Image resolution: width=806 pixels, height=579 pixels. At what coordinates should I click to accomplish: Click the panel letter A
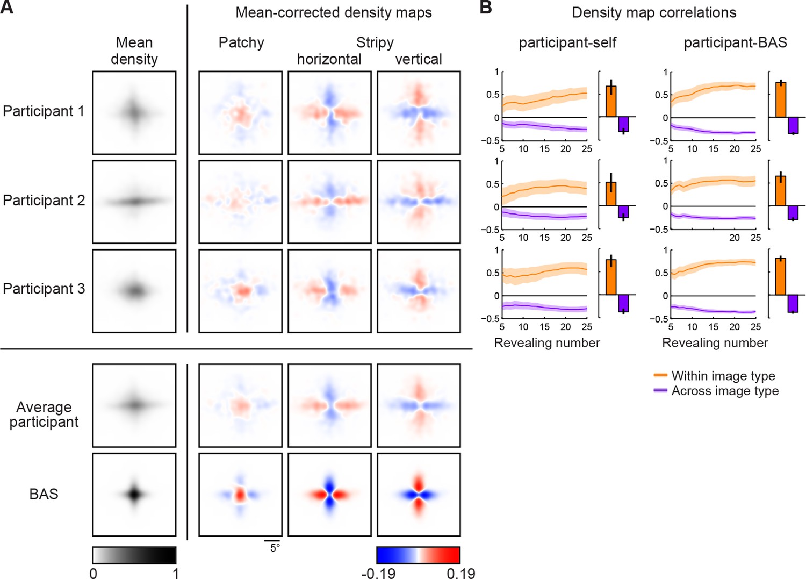(x=7, y=8)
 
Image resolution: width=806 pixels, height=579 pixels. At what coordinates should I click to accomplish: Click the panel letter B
(x=486, y=8)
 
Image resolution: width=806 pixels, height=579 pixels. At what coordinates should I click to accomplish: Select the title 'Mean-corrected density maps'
(x=333, y=12)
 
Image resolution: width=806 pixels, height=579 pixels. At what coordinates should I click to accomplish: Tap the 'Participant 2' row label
(x=44, y=201)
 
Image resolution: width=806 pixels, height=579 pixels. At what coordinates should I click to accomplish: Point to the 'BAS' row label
(x=44, y=494)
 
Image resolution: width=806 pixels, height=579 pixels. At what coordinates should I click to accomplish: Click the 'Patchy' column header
(x=241, y=42)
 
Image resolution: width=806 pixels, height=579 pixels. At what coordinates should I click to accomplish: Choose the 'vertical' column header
(x=418, y=59)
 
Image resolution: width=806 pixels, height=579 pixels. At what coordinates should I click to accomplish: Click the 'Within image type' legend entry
(x=723, y=376)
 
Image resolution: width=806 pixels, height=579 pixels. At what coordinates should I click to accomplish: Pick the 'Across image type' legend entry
(x=724, y=391)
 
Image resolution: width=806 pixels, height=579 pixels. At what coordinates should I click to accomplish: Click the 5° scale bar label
(x=275, y=548)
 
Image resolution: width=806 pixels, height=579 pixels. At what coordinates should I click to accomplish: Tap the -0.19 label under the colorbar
(x=378, y=573)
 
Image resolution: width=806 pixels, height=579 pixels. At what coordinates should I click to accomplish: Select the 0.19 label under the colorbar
(x=460, y=573)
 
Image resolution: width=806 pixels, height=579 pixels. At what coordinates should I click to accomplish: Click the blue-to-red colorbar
(x=418, y=555)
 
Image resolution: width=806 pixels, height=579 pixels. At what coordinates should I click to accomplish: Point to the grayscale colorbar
(x=134, y=555)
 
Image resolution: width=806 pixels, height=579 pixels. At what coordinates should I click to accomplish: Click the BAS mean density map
(x=134, y=495)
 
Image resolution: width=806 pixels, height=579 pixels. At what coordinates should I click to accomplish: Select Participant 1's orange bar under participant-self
(x=611, y=101)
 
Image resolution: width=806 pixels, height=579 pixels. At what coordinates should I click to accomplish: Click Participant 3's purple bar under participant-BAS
(x=793, y=303)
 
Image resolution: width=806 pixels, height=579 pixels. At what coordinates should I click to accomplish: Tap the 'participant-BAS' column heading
(x=735, y=42)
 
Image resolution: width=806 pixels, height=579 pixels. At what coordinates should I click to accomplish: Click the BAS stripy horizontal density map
(x=329, y=495)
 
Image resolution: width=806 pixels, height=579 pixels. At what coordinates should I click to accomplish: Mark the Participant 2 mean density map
(x=134, y=202)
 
